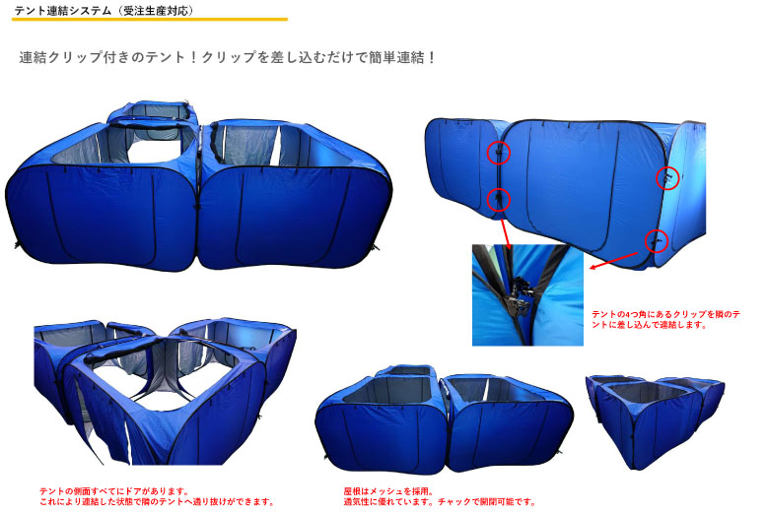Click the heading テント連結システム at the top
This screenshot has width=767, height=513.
(x=63, y=10)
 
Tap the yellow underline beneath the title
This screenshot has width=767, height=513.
(x=150, y=19)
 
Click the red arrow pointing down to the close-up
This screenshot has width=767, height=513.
(x=506, y=234)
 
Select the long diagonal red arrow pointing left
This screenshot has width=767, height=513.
(x=614, y=260)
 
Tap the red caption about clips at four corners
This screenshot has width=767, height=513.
(x=665, y=320)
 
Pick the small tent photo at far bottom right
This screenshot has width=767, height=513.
(x=655, y=421)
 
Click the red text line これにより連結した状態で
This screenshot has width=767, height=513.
(x=157, y=502)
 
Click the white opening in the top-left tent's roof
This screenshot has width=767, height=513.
(x=154, y=152)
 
